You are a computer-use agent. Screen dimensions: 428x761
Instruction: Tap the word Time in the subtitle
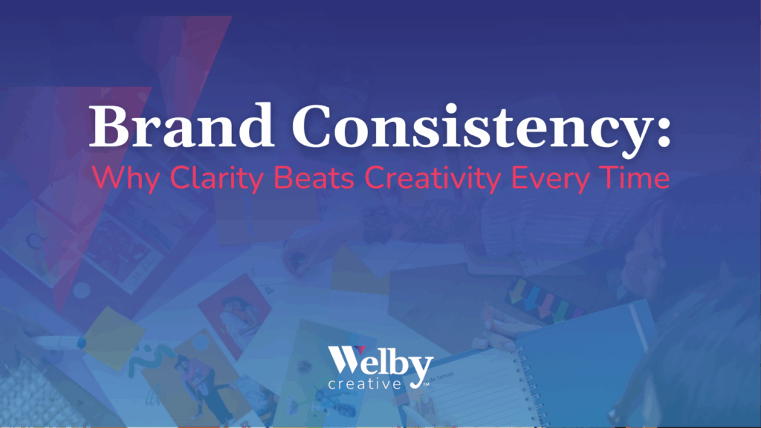639,178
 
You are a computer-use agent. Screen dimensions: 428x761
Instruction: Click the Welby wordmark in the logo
380,364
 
